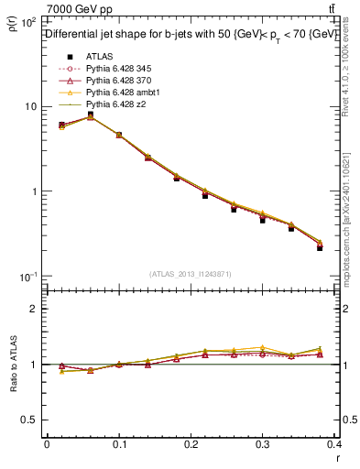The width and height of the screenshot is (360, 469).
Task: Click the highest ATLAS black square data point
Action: (91, 115)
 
